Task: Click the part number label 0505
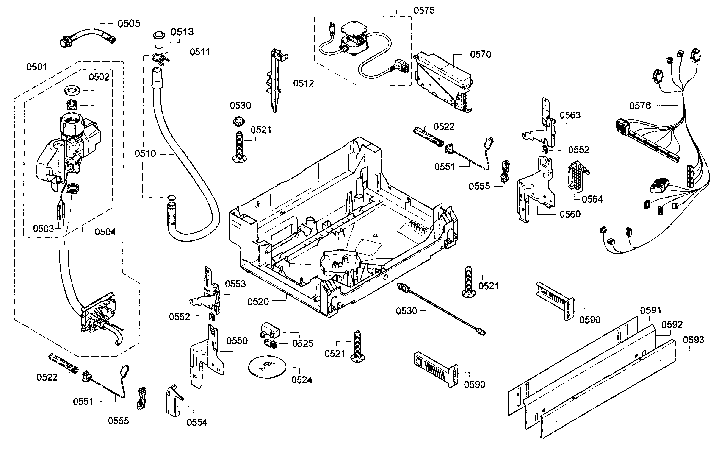point(129,24)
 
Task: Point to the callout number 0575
point(424,11)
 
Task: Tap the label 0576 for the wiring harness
point(640,106)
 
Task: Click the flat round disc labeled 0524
point(267,367)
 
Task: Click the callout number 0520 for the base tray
point(258,302)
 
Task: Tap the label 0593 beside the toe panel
point(693,340)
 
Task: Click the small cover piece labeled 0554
point(173,400)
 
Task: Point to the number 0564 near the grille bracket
point(592,199)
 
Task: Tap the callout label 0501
point(37,67)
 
